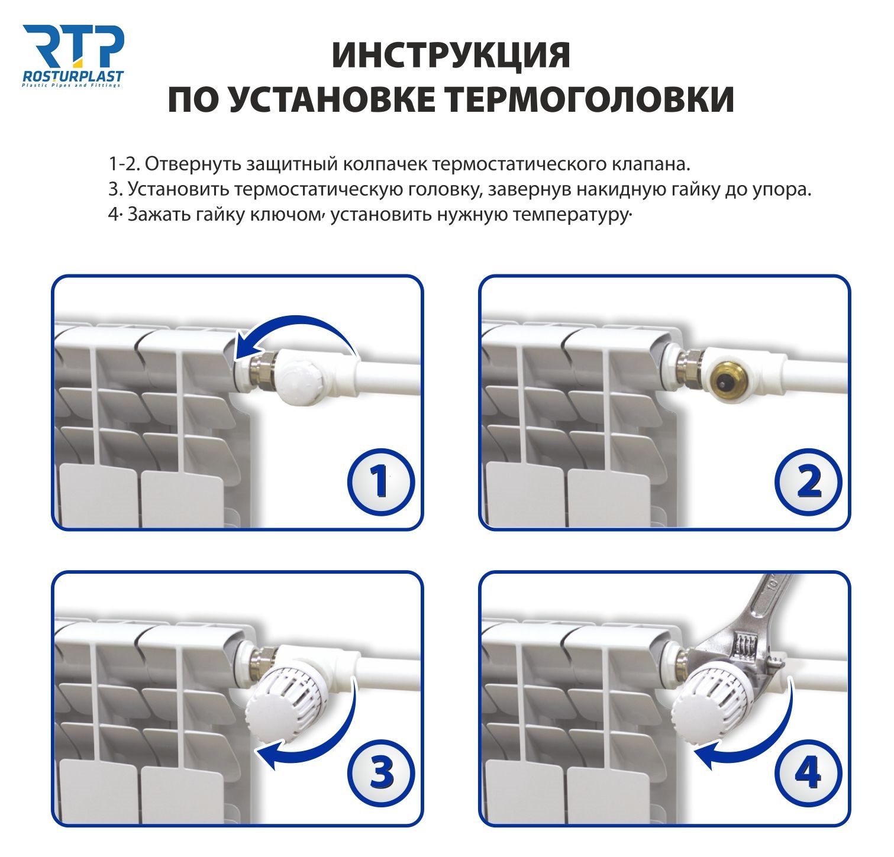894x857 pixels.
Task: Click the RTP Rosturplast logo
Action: pos(73,56)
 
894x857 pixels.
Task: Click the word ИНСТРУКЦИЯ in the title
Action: pos(451,55)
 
